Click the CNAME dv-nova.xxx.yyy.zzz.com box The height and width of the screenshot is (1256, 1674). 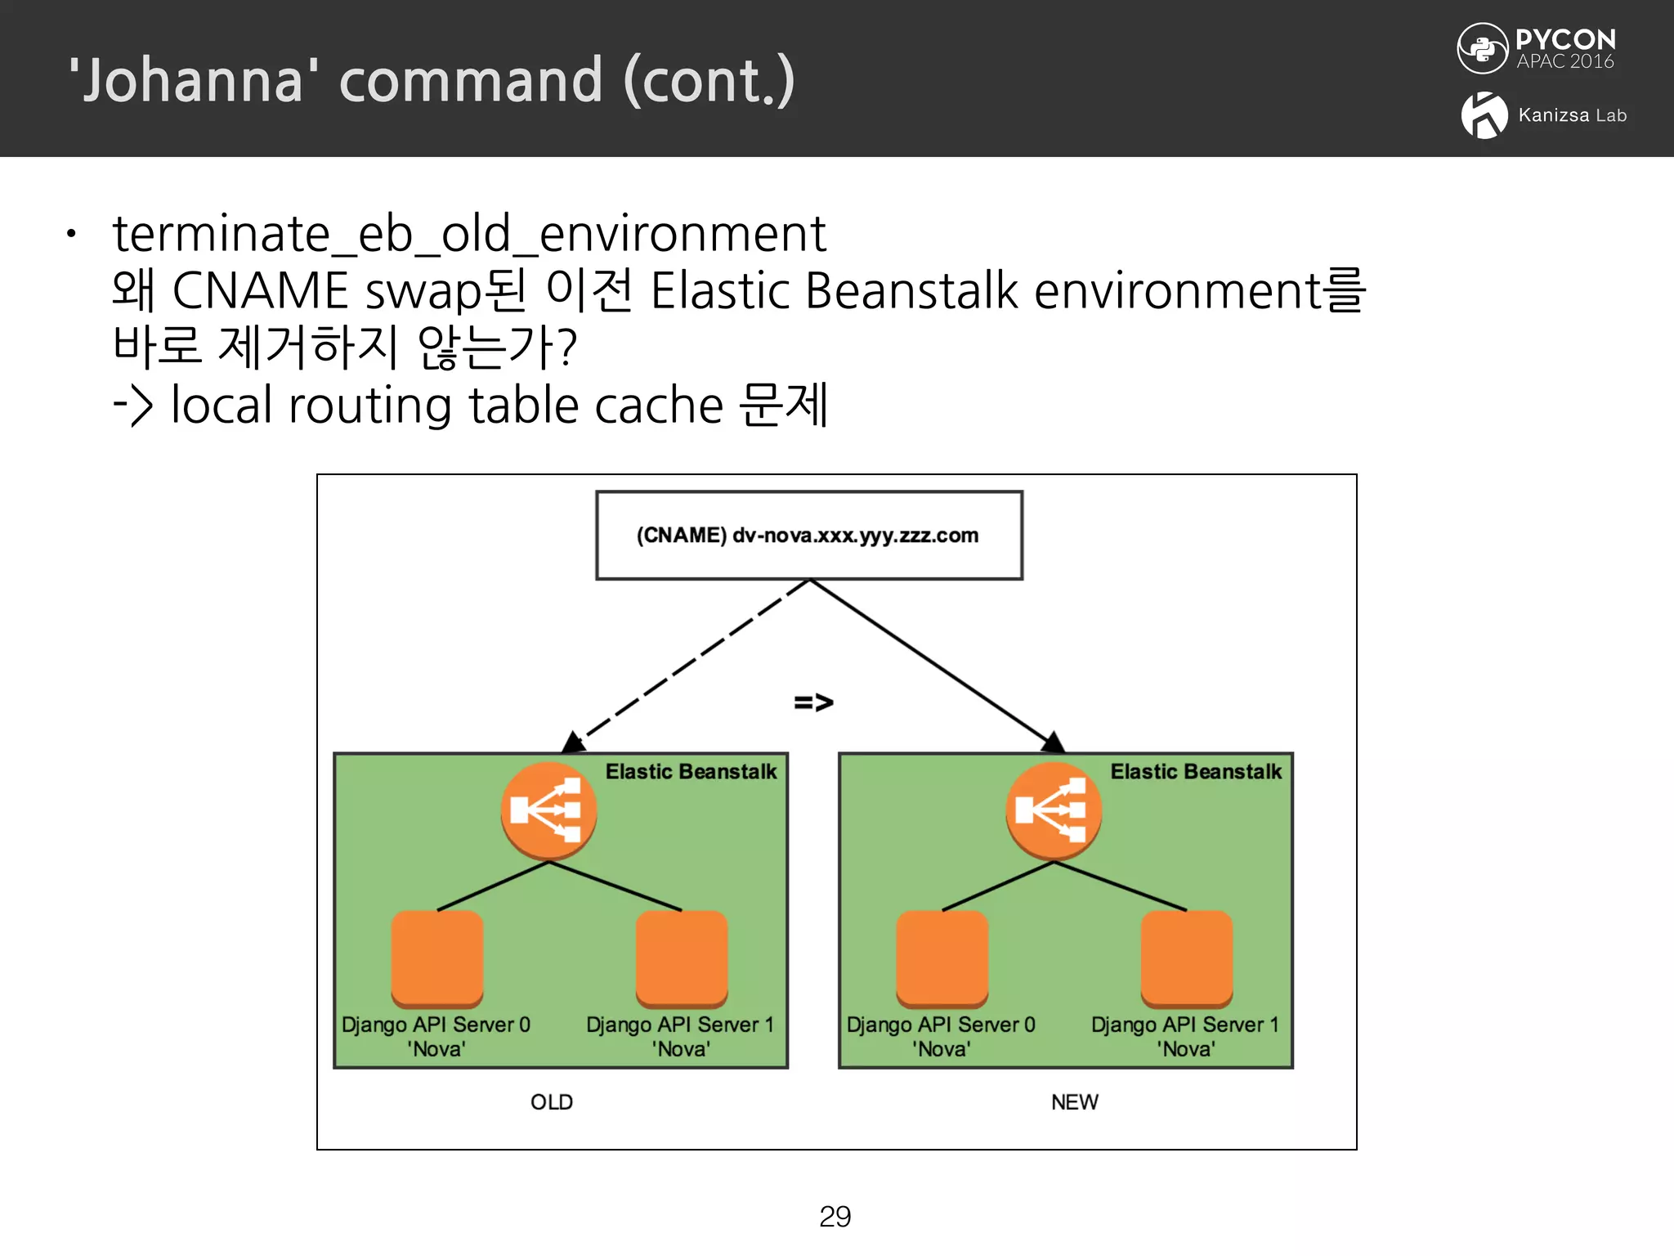[x=808, y=536]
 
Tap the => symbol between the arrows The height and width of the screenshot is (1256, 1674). [x=813, y=702]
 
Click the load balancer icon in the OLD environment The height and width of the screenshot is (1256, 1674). [x=548, y=810]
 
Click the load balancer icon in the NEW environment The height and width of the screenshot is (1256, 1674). [x=1054, y=810]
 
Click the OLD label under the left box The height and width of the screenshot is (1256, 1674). [x=552, y=1102]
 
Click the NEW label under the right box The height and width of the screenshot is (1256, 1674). [x=1075, y=1102]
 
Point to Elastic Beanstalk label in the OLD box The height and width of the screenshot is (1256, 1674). [x=691, y=772]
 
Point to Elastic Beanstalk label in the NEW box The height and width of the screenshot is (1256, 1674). [x=1196, y=772]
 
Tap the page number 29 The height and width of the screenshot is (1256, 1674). [x=835, y=1217]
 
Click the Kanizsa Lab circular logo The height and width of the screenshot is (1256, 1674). [x=1484, y=115]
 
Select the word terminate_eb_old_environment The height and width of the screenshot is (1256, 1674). [x=469, y=235]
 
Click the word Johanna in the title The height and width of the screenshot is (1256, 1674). [x=194, y=81]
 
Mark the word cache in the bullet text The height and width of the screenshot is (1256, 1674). [x=659, y=406]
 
